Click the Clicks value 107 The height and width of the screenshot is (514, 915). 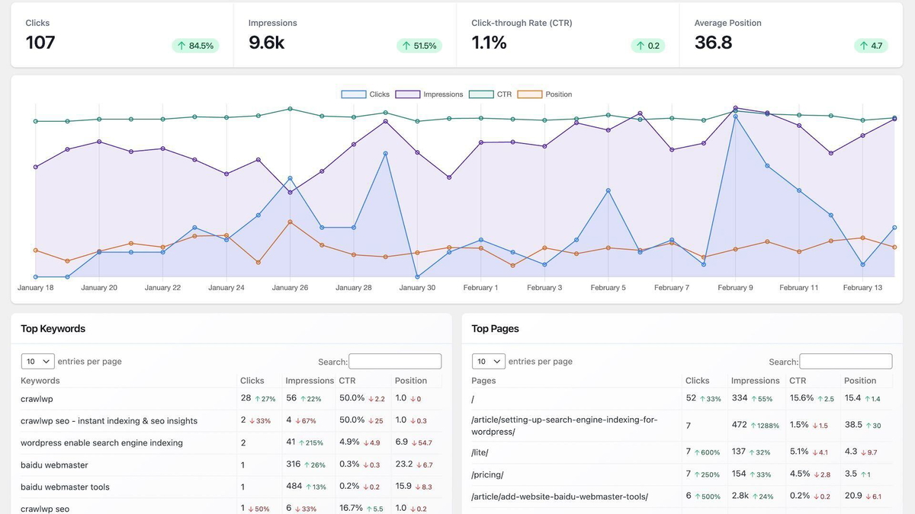click(40, 43)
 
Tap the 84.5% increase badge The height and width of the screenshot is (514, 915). click(195, 46)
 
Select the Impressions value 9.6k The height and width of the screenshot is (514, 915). click(266, 43)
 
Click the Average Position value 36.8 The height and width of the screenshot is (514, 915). click(713, 43)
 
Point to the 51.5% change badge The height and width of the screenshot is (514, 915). click(419, 46)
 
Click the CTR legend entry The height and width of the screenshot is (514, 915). click(491, 94)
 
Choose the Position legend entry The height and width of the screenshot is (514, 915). click(545, 94)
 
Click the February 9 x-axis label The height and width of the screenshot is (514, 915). click(735, 288)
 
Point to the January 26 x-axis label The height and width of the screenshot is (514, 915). click(290, 288)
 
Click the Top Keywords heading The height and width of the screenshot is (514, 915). click(53, 329)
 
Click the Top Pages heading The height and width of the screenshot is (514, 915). click(495, 329)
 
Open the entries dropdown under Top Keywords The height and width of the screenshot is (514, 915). click(37, 361)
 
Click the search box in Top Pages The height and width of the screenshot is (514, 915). click(845, 362)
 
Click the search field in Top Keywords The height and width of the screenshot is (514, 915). click(394, 362)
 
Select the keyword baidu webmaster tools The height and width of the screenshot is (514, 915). click(65, 487)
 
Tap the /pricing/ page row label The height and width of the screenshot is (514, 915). click(487, 474)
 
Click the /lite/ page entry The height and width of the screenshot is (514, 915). click(480, 452)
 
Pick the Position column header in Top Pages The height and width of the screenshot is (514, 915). click(860, 381)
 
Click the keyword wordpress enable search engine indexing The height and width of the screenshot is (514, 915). click(101, 443)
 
